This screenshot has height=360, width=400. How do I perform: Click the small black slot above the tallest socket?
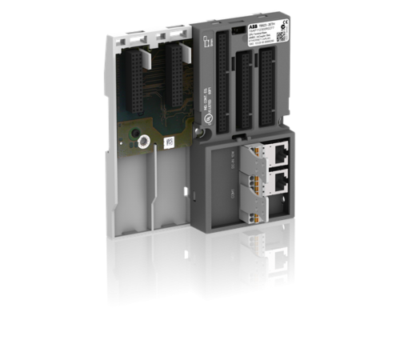[x=233, y=30]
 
